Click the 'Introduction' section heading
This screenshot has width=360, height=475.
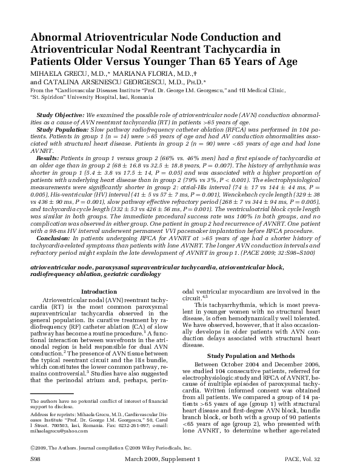[x=98, y=292]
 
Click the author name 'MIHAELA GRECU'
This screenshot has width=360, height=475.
[x=55, y=72]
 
